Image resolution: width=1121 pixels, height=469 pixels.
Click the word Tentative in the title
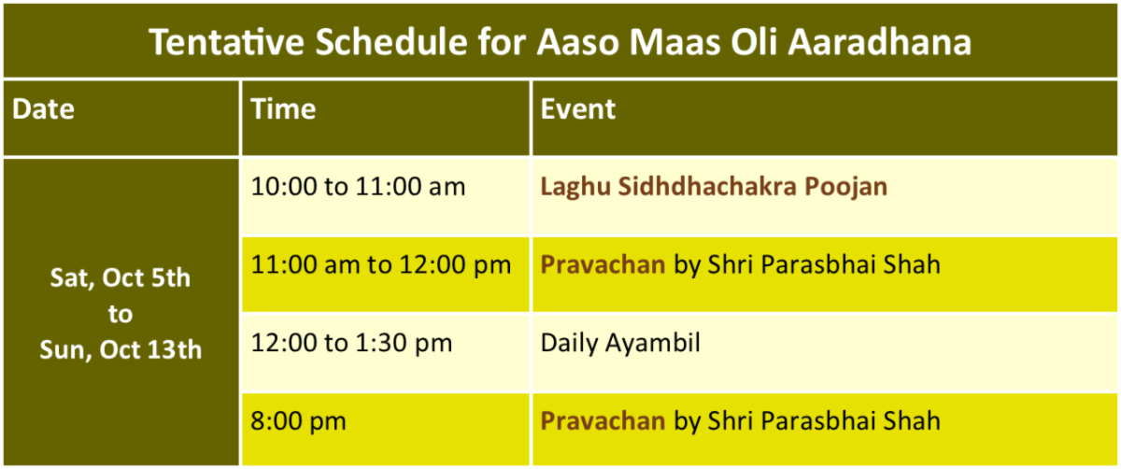tap(226, 41)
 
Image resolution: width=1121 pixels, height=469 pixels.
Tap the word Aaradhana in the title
tap(880, 41)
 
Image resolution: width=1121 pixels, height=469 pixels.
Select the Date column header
tap(43, 108)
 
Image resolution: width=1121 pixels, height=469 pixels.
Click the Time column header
tap(283, 108)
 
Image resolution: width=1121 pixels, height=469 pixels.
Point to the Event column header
tap(578, 108)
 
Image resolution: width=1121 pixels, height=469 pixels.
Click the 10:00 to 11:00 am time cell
tap(359, 187)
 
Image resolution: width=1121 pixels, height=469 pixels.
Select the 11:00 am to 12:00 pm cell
tap(381, 264)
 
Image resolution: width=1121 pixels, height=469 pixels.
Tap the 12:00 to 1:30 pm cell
tap(351, 343)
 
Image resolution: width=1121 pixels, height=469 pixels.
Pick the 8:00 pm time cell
tap(298, 421)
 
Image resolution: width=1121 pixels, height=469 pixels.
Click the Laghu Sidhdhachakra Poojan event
tap(714, 187)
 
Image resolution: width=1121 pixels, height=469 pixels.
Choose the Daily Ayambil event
tap(620, 344)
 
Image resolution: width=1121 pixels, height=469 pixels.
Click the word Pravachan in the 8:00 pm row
tap(603, 420)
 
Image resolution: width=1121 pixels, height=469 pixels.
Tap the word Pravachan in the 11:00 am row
tap(603, 264)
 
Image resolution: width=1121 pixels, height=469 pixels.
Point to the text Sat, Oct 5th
tap(121, 277)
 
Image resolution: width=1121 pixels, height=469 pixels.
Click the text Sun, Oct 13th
tap(121, 349)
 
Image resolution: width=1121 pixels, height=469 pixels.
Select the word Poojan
tap(845, 187)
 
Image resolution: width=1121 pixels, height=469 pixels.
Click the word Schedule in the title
tap(391, 41)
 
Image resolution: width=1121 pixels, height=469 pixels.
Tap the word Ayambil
tap(653, 344)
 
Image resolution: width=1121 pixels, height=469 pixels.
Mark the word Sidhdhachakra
tap(708, 186)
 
